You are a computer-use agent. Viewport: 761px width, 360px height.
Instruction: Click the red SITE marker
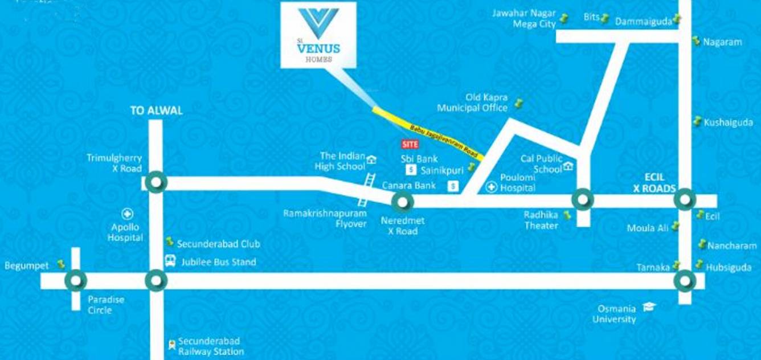pos(410,144)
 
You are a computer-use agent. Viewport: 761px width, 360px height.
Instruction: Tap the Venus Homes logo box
pos(318,35)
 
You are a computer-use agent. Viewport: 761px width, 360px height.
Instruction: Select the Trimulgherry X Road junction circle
pos(156,183)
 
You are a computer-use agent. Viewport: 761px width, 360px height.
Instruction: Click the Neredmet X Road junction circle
pos(402,201)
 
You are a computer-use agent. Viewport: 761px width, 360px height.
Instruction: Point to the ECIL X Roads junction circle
pos(684,201)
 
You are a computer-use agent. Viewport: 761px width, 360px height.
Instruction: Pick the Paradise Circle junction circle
pos(76,280)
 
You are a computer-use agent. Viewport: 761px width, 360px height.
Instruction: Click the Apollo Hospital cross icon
pos(128,214)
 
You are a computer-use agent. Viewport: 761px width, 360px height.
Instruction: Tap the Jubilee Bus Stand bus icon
pos(170,261)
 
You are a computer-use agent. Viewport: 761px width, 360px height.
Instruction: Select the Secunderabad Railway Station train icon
pos(171,344)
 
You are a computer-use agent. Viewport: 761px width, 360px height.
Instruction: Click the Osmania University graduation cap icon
pos(649,306)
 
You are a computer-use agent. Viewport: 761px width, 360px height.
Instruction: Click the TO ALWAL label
pos(157,111)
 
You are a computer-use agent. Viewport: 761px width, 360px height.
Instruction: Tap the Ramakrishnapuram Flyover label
pos(317,218)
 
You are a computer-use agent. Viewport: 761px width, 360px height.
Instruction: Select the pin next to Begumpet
pos(62,264)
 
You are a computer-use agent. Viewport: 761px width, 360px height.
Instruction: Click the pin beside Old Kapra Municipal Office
pos(518,104)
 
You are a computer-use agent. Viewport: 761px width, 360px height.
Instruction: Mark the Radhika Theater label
pos(541,220)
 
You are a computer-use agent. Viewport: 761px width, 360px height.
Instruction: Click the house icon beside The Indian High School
pos(371,160)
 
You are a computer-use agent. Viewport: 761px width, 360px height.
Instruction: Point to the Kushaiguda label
pos(728,122)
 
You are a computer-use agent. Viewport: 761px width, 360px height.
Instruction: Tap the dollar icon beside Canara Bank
pos(453,185)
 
